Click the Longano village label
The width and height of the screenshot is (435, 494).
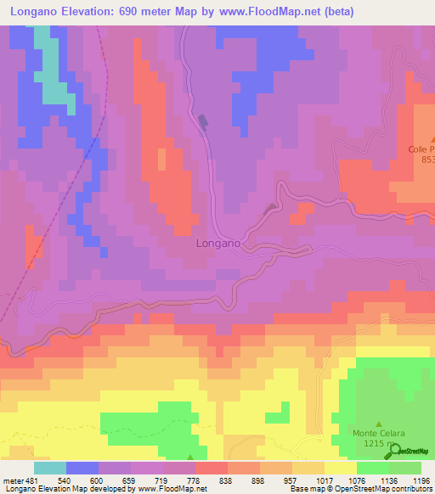tap(218, 243)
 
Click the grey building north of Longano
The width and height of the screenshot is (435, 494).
tap(203, 123)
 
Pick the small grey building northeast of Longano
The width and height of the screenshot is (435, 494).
tap(270, 208)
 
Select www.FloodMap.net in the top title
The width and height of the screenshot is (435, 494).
tap(260, 12)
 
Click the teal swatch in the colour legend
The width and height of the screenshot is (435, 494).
tap(50, 467)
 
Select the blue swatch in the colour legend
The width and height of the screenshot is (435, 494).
tap(82, 467)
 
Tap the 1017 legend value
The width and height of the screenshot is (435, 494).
tap(323, 480)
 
